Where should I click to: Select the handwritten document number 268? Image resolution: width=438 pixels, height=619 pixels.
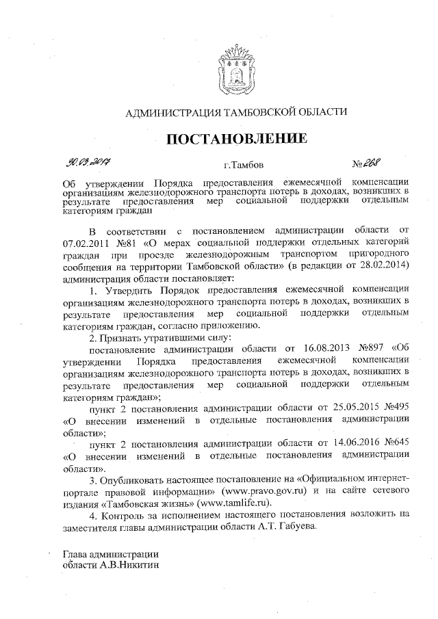coord(372,163)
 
